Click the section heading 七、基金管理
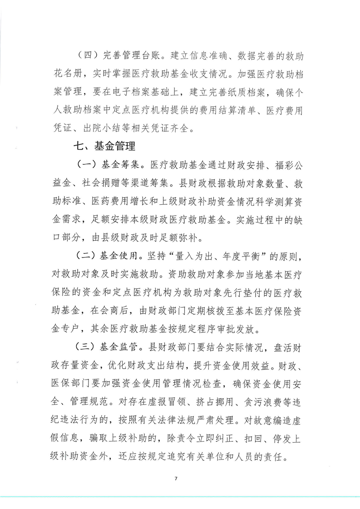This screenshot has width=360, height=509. [x=105, y=147]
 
